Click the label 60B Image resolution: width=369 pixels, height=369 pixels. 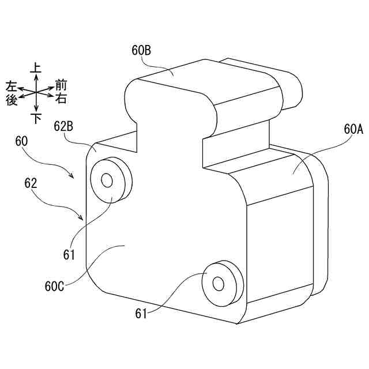coord(141,51)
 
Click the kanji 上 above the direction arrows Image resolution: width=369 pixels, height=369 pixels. coord(36,69)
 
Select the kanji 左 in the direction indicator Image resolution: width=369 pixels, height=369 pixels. coord(11,86)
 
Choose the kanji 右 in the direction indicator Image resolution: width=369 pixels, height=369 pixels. coord(61,99)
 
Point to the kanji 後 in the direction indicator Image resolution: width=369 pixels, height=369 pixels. coord(11,100)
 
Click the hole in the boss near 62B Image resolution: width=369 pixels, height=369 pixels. coord(106,180)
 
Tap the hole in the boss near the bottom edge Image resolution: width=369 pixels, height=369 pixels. coord(218,283)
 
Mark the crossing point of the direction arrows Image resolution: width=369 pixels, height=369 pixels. coord(36,93)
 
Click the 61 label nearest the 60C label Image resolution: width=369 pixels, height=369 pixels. coord(70,253)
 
